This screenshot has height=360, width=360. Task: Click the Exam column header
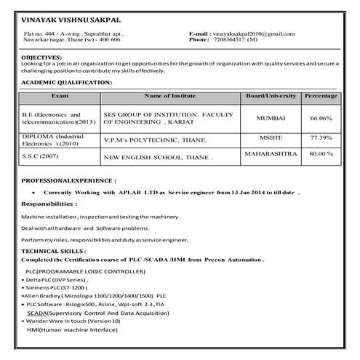[60, 95]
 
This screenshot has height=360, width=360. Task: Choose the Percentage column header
[321, 95]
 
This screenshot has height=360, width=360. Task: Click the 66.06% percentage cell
[321, 118]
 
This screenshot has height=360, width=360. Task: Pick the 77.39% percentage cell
[321, 137]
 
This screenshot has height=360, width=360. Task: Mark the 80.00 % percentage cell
[321, 154]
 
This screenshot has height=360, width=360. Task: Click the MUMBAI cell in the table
[271, 118]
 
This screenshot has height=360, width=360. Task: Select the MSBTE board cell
[271, 135]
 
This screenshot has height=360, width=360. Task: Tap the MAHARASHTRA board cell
[271, 153]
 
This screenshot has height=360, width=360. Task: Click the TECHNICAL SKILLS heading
[52, 250]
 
